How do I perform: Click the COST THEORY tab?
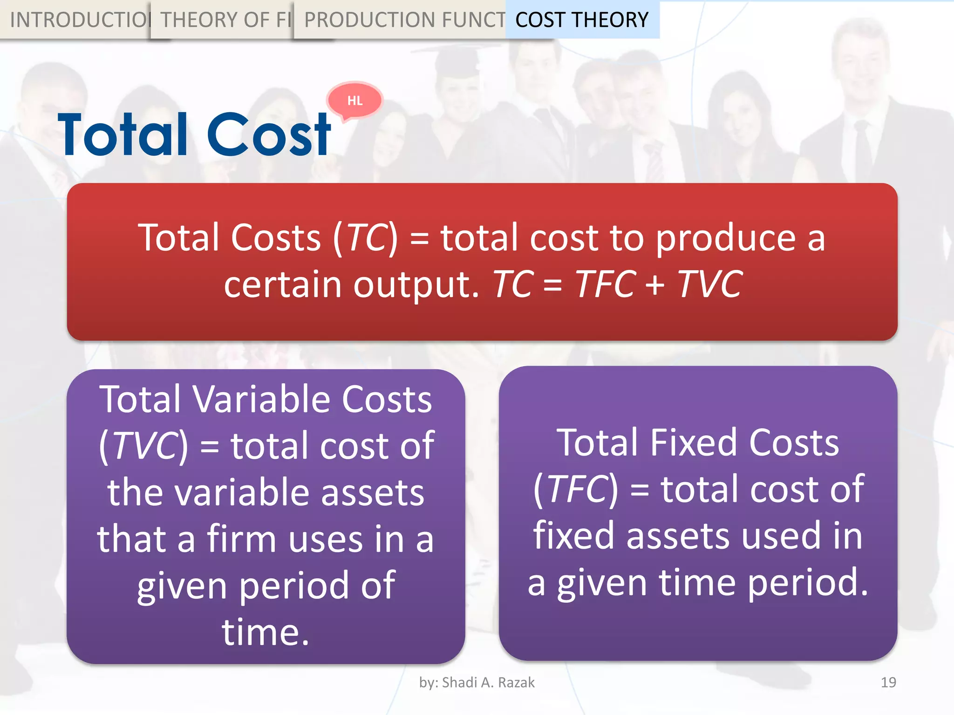coord(582,20)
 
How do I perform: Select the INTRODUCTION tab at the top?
coord(77,20)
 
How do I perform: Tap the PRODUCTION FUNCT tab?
coord(403,20)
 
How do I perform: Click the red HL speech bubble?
coord(355,101)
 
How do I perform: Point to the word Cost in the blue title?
coord(269,135)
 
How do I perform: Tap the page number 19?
coord(888,682)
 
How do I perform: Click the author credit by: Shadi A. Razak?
coord(477,682)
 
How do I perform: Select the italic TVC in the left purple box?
coord(145,446)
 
